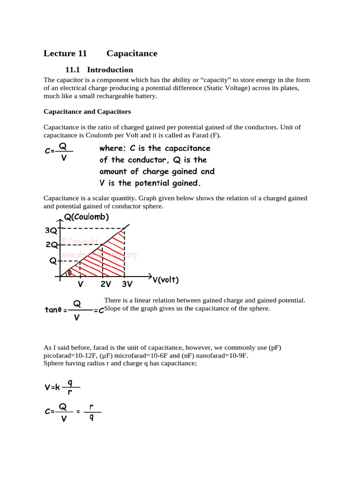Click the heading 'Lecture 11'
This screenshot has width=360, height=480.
[65, 53]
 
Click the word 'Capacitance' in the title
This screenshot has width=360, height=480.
[132, 53]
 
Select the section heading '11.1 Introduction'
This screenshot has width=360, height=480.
[99, 70]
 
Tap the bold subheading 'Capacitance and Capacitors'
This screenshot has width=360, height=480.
[87, 112]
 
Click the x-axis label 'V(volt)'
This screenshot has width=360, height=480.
[165, 280]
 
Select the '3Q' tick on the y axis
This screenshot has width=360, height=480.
[51, 230]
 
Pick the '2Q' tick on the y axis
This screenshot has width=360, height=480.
[51, 245]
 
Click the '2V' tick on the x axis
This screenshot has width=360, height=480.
[105, 285]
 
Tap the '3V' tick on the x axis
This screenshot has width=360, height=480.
[127, 285]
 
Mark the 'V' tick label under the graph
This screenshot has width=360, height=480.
[80, 285]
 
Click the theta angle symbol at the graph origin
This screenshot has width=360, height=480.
[70, 272]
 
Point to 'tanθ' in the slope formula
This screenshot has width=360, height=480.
[52, 310]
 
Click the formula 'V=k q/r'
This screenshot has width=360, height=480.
[62, 387]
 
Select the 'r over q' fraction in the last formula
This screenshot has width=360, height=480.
[91, 412]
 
